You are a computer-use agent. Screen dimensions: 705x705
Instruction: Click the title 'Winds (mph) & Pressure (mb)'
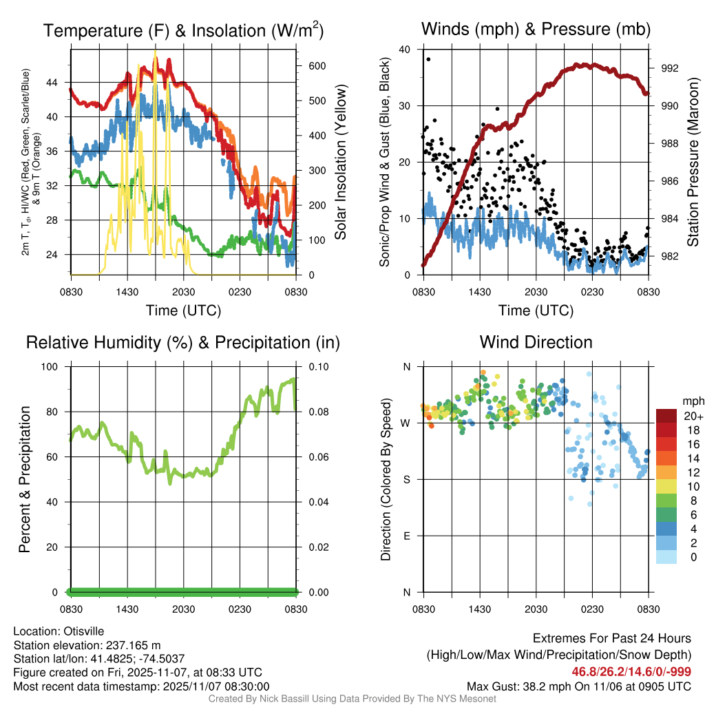536,29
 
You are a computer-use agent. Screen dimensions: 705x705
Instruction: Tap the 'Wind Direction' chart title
536,342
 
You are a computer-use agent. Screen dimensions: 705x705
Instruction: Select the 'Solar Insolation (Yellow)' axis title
341,162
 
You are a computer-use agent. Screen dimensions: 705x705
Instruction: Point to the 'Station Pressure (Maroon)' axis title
693,162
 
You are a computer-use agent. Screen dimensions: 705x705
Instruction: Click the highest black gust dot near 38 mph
428,59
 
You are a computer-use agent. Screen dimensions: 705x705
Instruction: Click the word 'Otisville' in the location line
87,631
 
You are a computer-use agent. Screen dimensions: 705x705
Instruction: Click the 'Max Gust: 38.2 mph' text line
578,686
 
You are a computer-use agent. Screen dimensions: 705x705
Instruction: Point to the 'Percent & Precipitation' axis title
24,479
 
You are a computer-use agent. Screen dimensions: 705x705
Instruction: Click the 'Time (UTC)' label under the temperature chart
184,311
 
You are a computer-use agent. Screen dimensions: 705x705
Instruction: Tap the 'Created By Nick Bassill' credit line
352,699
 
